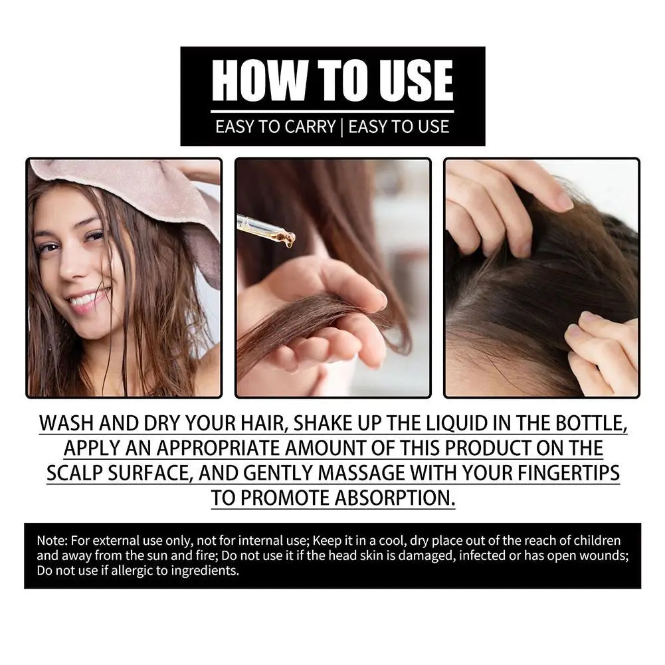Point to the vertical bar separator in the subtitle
pyautogui.click(x=341, y=126)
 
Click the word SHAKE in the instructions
pyautogui.click(x=328, y=424)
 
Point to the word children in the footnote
pyautogui.click(x=597, y=540)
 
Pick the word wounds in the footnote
pyautogui.click(x=603, y=555)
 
